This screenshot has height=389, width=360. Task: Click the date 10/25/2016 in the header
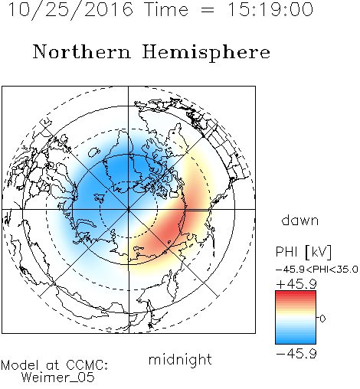click(x=70, y=10)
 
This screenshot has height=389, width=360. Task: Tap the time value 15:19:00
click(x=270, y=9)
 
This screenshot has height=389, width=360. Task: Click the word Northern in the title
click(x=82, y=51)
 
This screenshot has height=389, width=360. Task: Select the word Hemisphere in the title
click(x=206, y=53)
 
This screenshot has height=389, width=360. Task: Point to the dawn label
click(x=300, y=220)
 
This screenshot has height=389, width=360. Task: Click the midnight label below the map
click(x=180, y=359)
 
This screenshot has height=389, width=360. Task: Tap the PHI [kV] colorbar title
click(x=303, y=252)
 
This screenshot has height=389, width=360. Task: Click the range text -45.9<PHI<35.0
click(x=317, y=270)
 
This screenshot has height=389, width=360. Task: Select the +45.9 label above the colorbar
click(x=296, y=284)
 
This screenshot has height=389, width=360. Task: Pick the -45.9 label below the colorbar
click(x=296, y=354)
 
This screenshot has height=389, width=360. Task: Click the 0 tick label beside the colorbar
click(x=322, y=319)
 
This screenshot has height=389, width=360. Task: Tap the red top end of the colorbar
click(x=296, y=293)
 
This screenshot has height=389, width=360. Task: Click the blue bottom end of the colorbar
click(x=296, y=342)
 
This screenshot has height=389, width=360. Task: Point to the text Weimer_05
click(x=58, y=378)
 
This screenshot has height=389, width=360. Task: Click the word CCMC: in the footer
click(x=87, y=365)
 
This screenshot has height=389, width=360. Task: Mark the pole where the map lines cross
click(x=129, y=209)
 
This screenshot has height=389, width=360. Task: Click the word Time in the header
click(x=166, y=9)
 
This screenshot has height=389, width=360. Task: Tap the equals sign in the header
click(x=208, y=10)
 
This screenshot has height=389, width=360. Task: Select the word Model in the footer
click(x=20, y=365)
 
